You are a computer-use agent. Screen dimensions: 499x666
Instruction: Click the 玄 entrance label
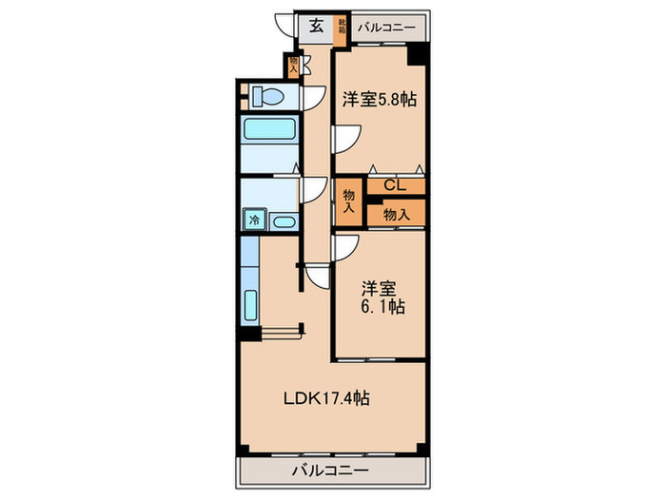(315, 27)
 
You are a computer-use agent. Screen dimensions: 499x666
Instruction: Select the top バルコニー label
(386, 28)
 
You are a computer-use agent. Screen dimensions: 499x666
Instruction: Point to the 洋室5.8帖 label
(379, 98)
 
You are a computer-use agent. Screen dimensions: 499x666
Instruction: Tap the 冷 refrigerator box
(254, 220)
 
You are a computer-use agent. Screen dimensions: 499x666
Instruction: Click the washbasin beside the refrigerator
(283, 221)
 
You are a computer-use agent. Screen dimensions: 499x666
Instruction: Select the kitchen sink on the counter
(252, 305)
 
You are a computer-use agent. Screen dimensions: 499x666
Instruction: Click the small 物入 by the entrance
(294, 66)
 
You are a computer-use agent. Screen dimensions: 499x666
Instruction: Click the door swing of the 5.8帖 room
(344, 140)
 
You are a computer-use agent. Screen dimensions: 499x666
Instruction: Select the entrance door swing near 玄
(283, 26)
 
